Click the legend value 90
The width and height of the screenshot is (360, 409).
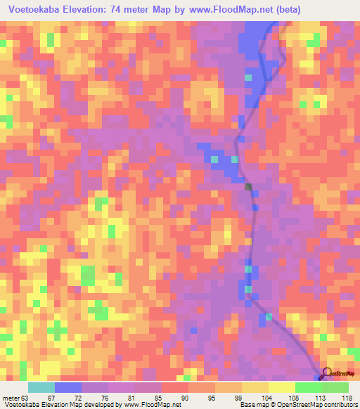pyautogui.click(x=185, y=398)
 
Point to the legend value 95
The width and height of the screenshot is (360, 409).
pyautogui.click(x=211, y=398)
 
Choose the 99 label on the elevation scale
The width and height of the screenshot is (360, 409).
pyautogui.click(x=238, y=398)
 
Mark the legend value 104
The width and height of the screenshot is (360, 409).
pyautogui.click(x=266, y=398)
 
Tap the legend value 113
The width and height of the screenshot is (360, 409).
pyautogui.click(x=320, y=398)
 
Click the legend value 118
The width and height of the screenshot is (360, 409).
pyautogui.click(x=347, y=398)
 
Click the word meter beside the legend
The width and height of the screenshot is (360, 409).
pyautogui.click(x=11, y=398)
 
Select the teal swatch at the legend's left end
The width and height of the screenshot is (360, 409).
pyautogui.click(x=41, y=387)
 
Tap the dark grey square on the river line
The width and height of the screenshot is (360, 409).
pyautogui.click(x=248, y=186)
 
